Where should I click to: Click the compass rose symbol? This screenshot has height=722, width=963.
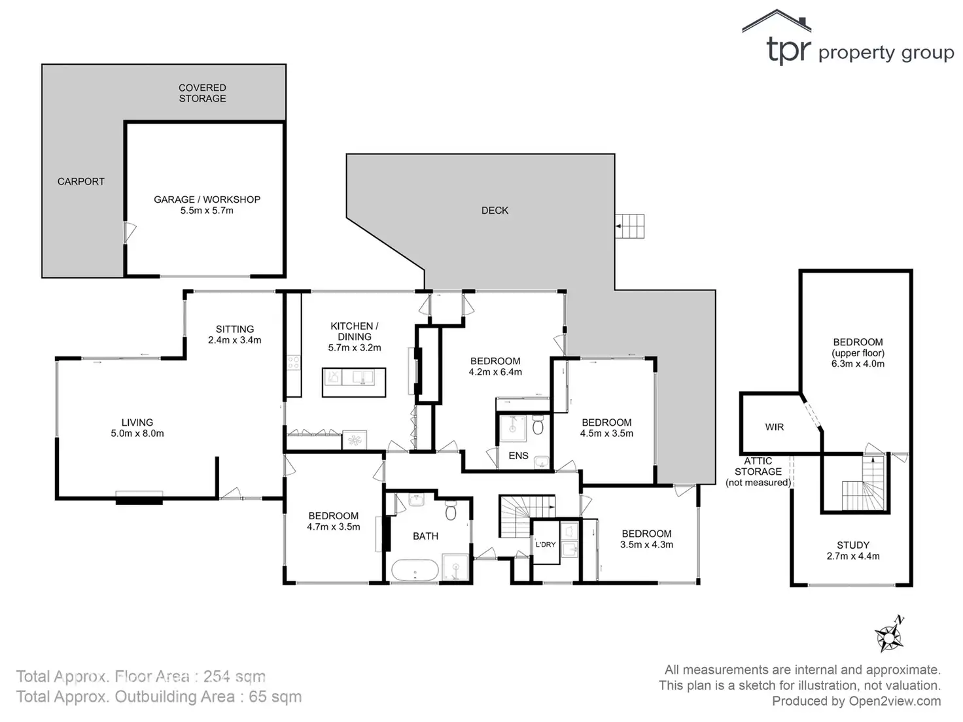pos(889,635)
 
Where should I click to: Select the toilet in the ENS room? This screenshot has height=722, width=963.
pos(538,426)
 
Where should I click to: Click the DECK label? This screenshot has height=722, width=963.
pos(495,211)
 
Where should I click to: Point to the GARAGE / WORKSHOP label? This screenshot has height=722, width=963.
pos(207,199)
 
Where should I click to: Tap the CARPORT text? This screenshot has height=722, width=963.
pos(81,182)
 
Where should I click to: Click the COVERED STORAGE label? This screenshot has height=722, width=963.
pos(203,93)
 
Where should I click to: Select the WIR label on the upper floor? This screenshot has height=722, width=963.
pos(775,427)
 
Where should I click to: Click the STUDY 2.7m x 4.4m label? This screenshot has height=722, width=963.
pos(853,551)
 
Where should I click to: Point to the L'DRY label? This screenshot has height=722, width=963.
pos(545,544)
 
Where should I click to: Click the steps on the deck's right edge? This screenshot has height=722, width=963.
pos(630,226)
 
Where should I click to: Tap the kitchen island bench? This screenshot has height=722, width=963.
pos(354,382)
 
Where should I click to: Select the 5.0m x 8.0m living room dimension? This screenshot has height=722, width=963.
pos(137,434)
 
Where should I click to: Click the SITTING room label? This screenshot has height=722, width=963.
pos(235,330)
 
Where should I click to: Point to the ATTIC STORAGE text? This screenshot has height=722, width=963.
pos(758,472)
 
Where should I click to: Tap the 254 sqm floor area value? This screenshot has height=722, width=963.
pos(234,676)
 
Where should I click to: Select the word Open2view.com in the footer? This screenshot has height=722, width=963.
pos(895,701)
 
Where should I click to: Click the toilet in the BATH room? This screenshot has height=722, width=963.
pos(451,509)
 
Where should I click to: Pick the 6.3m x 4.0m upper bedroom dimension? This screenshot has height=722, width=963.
pos(858,364)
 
